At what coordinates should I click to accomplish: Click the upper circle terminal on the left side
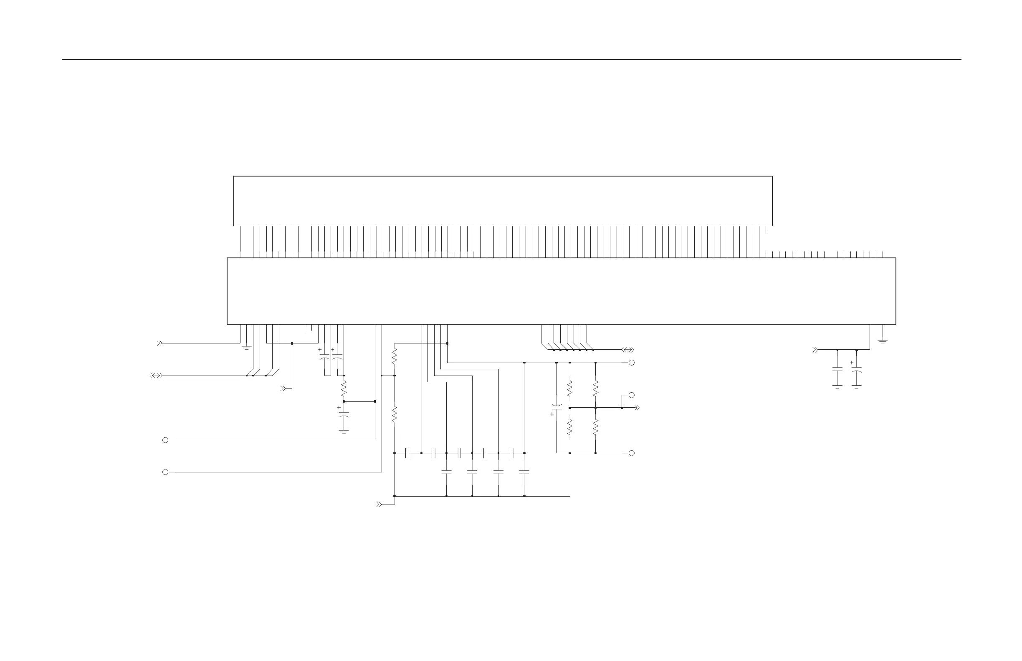tap(165, 440)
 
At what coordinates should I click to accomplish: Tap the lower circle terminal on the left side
tap(165, 472)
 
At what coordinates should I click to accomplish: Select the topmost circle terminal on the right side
tap(631, 363)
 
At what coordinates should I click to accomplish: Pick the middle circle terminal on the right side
tap(631, 395)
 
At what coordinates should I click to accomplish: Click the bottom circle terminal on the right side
tap(631, 453)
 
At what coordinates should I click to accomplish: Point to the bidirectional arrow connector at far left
tap(156, 376)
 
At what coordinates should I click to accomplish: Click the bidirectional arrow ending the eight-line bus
tap(628, 350)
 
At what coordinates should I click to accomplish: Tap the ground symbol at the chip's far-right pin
tap(883, 341)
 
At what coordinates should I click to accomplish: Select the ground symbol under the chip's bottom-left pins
tap(246, 348)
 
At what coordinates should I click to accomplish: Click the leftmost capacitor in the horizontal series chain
tap(408, 453)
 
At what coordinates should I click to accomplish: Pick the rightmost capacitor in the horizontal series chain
tap(511, 453)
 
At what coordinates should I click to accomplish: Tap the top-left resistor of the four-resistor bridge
tap(570, 389)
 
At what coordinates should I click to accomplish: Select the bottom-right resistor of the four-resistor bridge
tap(596, 427)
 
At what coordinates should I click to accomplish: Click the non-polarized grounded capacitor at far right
tap(837, 369)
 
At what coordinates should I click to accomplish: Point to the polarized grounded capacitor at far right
tap(856, 370)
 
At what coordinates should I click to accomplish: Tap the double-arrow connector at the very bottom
tap(379, 505)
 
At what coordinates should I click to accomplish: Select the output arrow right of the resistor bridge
tap(637, 408)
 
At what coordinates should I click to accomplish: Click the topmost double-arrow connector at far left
tap(159, 343)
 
